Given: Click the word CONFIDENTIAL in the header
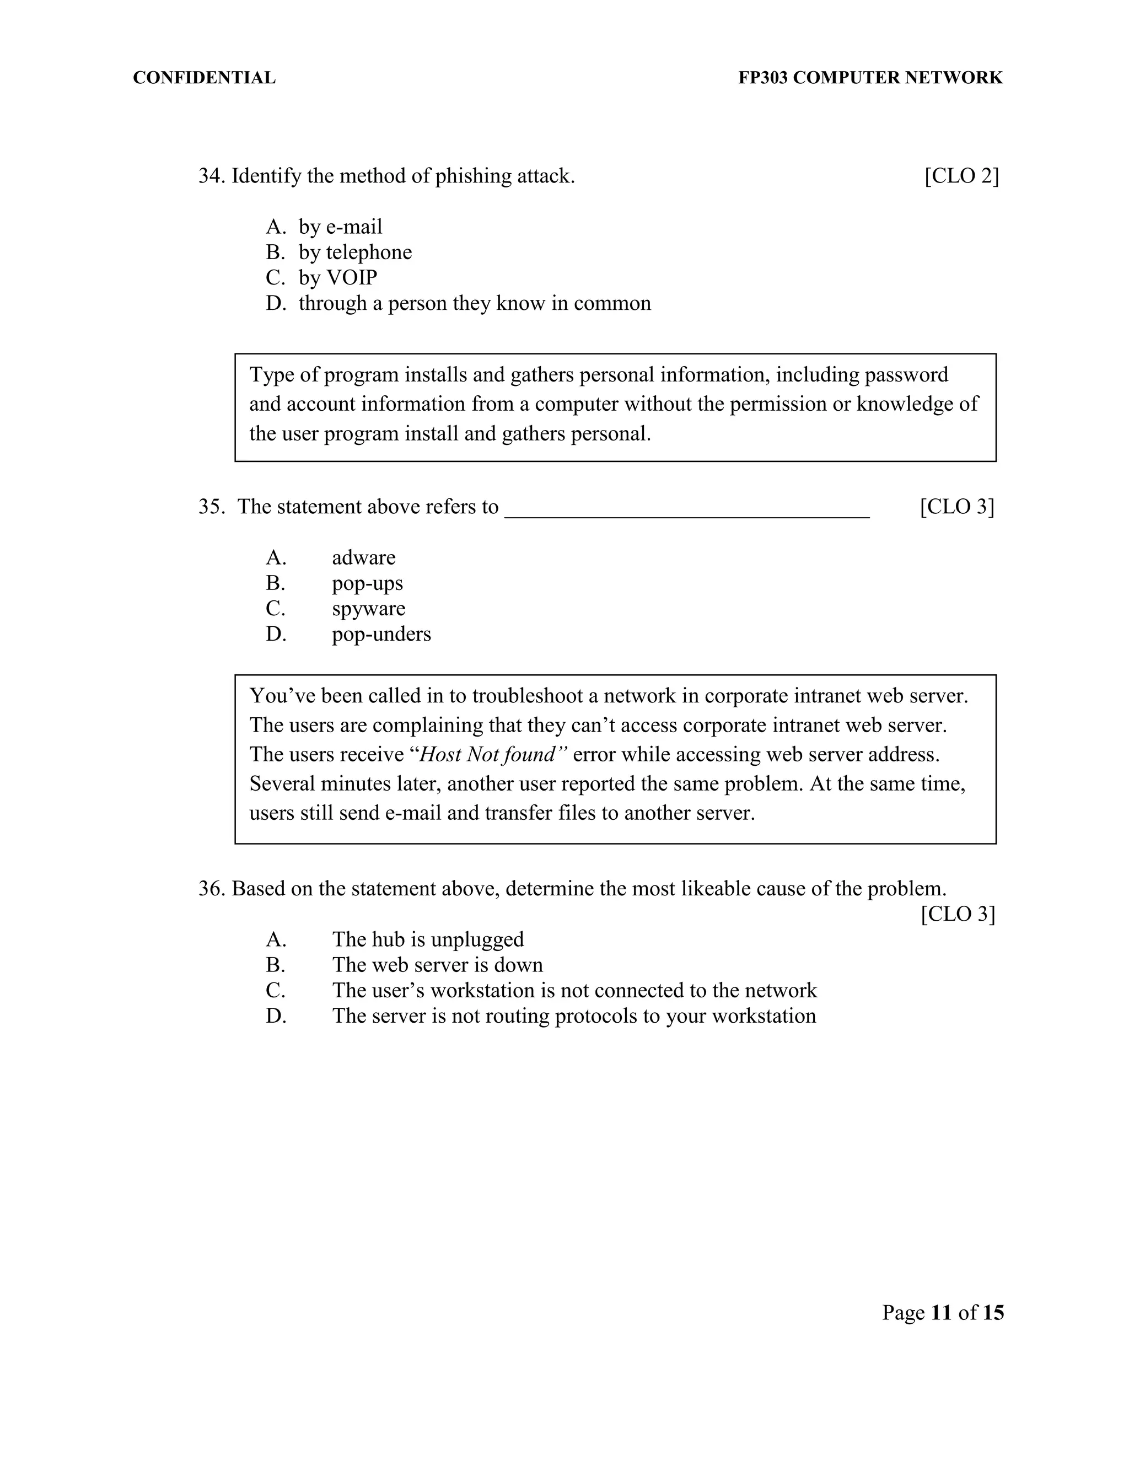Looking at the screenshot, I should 204,78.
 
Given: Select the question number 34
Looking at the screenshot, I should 210,176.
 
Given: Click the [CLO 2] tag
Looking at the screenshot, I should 961,176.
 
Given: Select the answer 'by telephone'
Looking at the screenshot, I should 355,252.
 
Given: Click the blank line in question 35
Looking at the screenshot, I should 686,508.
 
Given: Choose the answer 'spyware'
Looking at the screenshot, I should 369,609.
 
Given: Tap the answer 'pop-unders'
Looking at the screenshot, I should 381,634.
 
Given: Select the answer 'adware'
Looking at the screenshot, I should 364,558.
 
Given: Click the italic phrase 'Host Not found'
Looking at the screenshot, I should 487,755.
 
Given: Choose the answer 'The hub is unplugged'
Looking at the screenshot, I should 428,940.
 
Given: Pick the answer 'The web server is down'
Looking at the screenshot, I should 437,965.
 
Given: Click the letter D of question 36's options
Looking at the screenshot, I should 276,1016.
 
